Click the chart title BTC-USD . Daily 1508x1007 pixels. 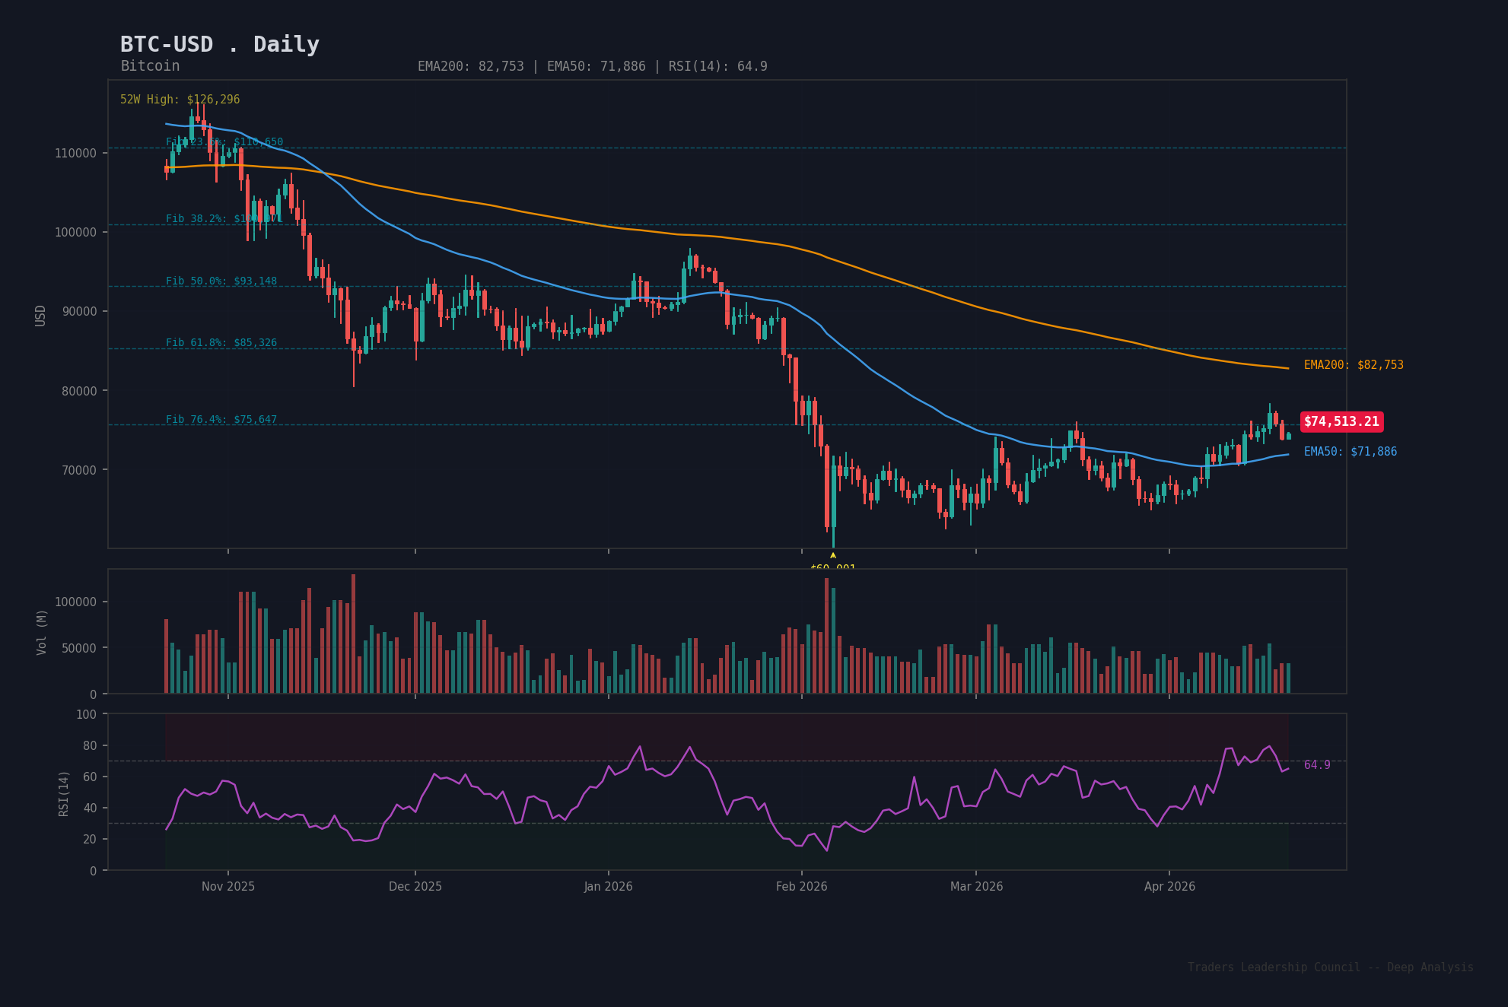coord(220,45)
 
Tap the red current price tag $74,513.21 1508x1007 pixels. coord(1341,422)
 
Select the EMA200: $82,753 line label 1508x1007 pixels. coord(1354,365)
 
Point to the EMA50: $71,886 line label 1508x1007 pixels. coord(1351,452)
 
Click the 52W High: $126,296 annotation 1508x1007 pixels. coord(180,100)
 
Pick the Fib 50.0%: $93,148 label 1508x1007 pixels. coord(221,281)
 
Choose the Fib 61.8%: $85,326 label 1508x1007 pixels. coord(221,343)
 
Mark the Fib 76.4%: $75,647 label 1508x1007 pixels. coord(221,420)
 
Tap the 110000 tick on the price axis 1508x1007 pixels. coord(75,153)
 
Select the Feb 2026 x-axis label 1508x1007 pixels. coord(801,887)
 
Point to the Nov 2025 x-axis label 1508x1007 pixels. coord(228,887)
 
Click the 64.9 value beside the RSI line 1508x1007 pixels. coord(1317,765)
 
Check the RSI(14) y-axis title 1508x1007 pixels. coord(64,793)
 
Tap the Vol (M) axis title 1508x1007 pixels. coord(42,632)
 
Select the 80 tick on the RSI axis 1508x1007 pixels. coord(90,745)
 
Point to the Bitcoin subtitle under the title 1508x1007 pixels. coord(150,66)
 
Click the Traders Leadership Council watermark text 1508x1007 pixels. coord(1330,967)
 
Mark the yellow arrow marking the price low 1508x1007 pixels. coord(833,556)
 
